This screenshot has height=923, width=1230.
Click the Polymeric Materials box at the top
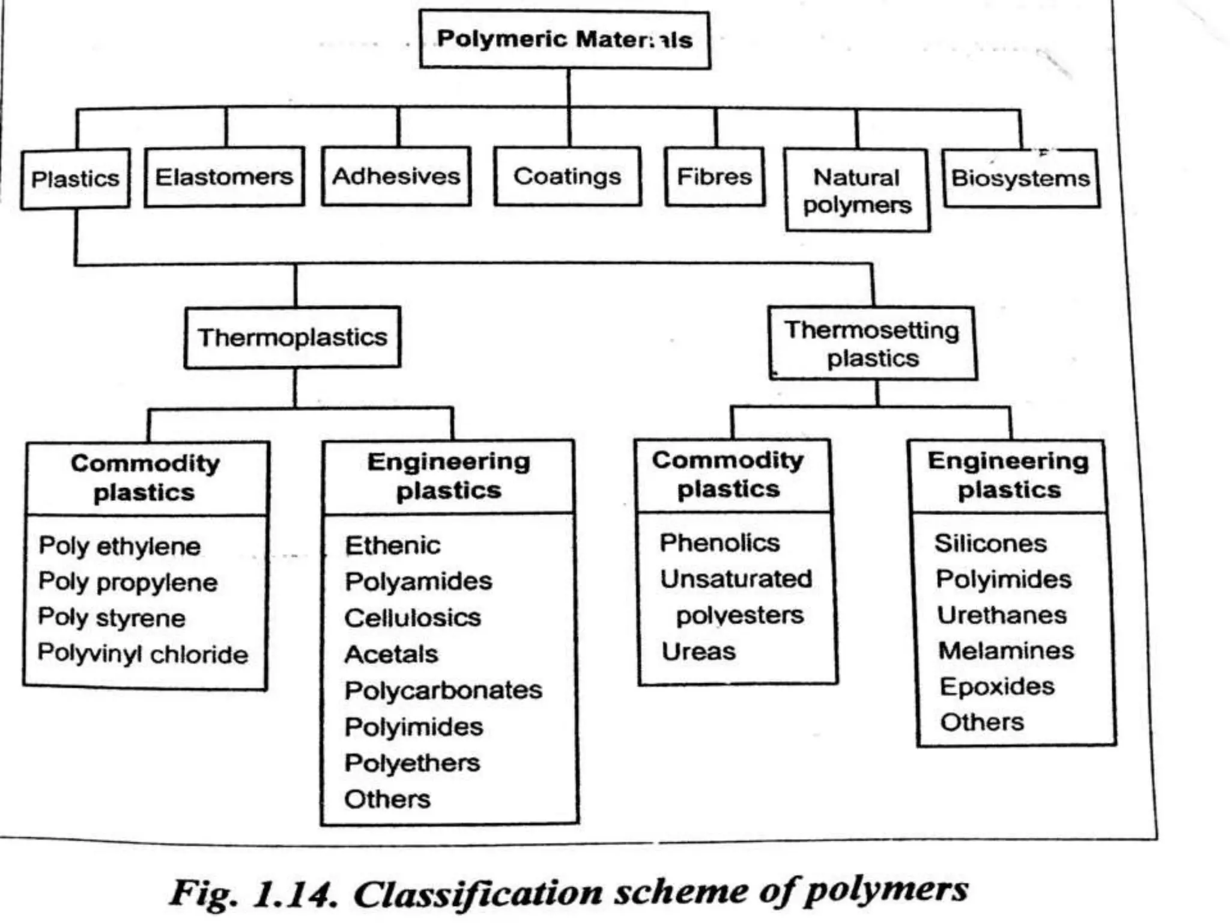click(x=565, y=40)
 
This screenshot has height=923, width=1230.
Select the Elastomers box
click(x=224, y=177)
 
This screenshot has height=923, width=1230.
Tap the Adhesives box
click(x=396, y=176)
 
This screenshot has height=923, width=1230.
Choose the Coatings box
click(x=568, y=176)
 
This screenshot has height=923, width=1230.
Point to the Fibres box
click(x=715, y=177)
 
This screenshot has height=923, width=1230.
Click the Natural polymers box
click(x=857, y=190)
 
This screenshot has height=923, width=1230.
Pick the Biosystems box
click(x=1021, y=178)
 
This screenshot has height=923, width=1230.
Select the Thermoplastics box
click(x=292, y=337)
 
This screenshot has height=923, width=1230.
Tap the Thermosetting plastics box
click(x=873, y=344)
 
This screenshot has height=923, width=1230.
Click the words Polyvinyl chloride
click(x=143, y=653)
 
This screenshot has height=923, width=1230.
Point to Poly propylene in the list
click(x=128, y=582)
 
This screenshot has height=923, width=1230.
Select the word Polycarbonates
click(x=443, y=690)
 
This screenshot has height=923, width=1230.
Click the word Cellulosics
click(x=413, y=618)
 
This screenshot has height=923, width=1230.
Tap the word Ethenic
click(x=393, y=546)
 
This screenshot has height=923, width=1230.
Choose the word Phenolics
click(x=720, y=543)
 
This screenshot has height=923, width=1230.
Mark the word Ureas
click(x=698, y=651)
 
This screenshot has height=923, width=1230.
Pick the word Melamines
click(x=1006, y=650)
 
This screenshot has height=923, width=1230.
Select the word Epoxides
click(x=997, y=686)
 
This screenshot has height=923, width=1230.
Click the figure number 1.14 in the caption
click(x=293, y=894)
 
